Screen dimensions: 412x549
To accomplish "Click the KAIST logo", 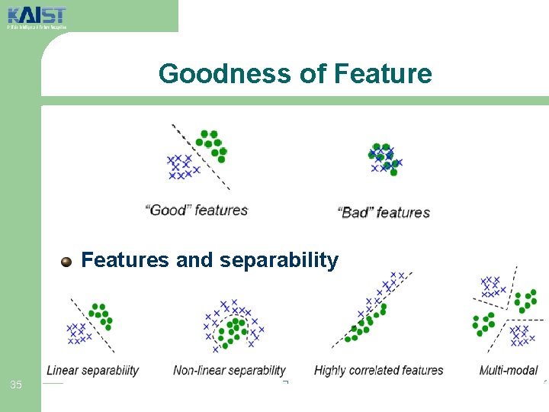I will coord(36,15).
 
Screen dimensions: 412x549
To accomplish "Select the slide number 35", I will coord(16,385).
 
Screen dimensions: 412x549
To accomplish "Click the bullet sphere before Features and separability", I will coord(67,262).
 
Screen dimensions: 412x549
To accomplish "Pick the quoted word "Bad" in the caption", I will coord(355,213).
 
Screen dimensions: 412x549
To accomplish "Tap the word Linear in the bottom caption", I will coord(63,371).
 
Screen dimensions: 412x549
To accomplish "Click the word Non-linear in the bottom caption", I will coord(200,371).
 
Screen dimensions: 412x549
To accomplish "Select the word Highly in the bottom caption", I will coord(330,371).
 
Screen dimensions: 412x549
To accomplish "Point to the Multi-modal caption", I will coord(509,371).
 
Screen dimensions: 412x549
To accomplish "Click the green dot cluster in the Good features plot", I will coord(211,145).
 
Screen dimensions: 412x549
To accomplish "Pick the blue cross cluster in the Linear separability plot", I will coord(78,332).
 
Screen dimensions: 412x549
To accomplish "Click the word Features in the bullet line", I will coord(126,261).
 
